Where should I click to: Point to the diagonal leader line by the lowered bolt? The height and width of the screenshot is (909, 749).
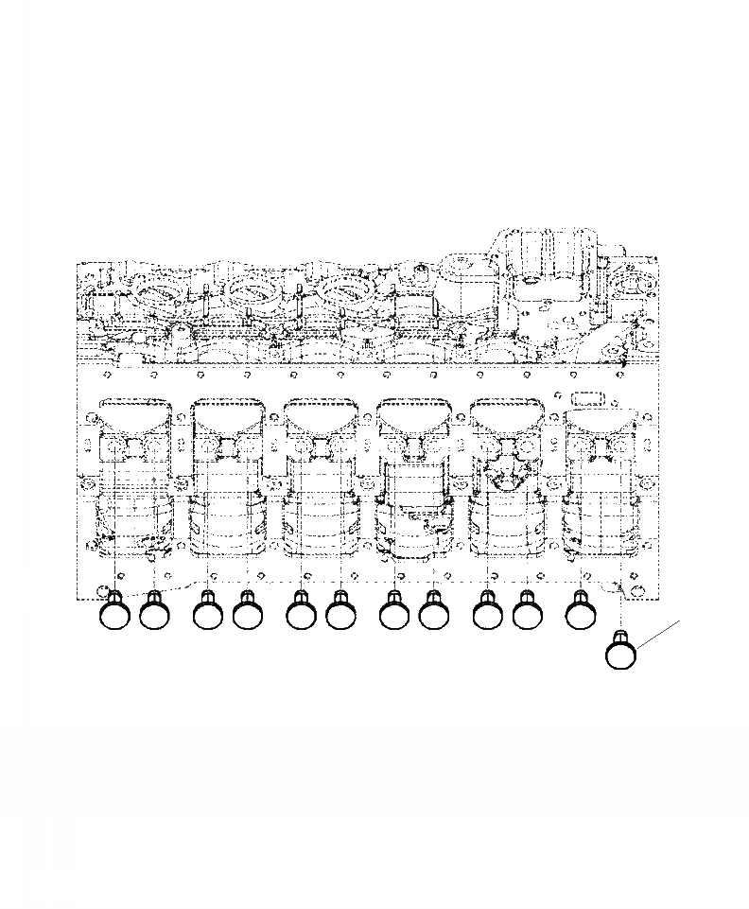(x=659, y=634)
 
